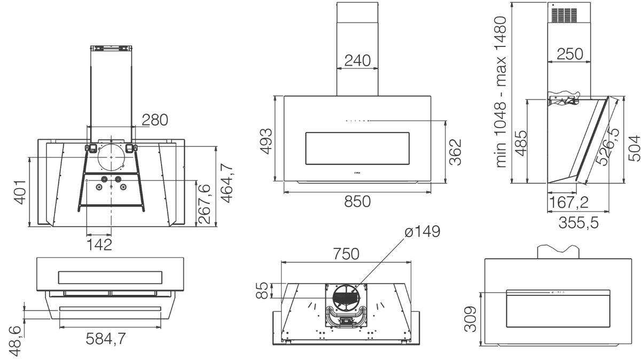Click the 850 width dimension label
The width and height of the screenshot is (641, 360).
coord(357,201)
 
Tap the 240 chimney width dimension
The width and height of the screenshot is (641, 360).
coord(357,60)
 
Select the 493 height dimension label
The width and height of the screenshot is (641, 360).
coord(266,142)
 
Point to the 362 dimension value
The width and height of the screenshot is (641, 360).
coord(455,152)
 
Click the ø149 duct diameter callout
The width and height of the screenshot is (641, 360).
coord(423,231)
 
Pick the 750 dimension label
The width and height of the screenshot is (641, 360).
coord(346,254)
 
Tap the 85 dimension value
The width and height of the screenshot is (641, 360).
coord(262,291)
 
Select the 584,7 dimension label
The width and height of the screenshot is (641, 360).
coord(106,339)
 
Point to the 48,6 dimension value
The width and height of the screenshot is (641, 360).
coord(14,341)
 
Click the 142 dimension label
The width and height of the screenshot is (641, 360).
coord(99,245)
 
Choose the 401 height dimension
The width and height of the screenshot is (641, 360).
coord(20,192)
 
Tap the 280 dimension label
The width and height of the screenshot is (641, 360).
coord(155,120)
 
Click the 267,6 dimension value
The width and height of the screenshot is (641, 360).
coord(204,204)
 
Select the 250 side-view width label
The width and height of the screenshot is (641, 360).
coord(570,54)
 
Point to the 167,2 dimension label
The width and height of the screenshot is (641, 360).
coord(569,202)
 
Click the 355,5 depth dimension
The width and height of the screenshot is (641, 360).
coord(579,222)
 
